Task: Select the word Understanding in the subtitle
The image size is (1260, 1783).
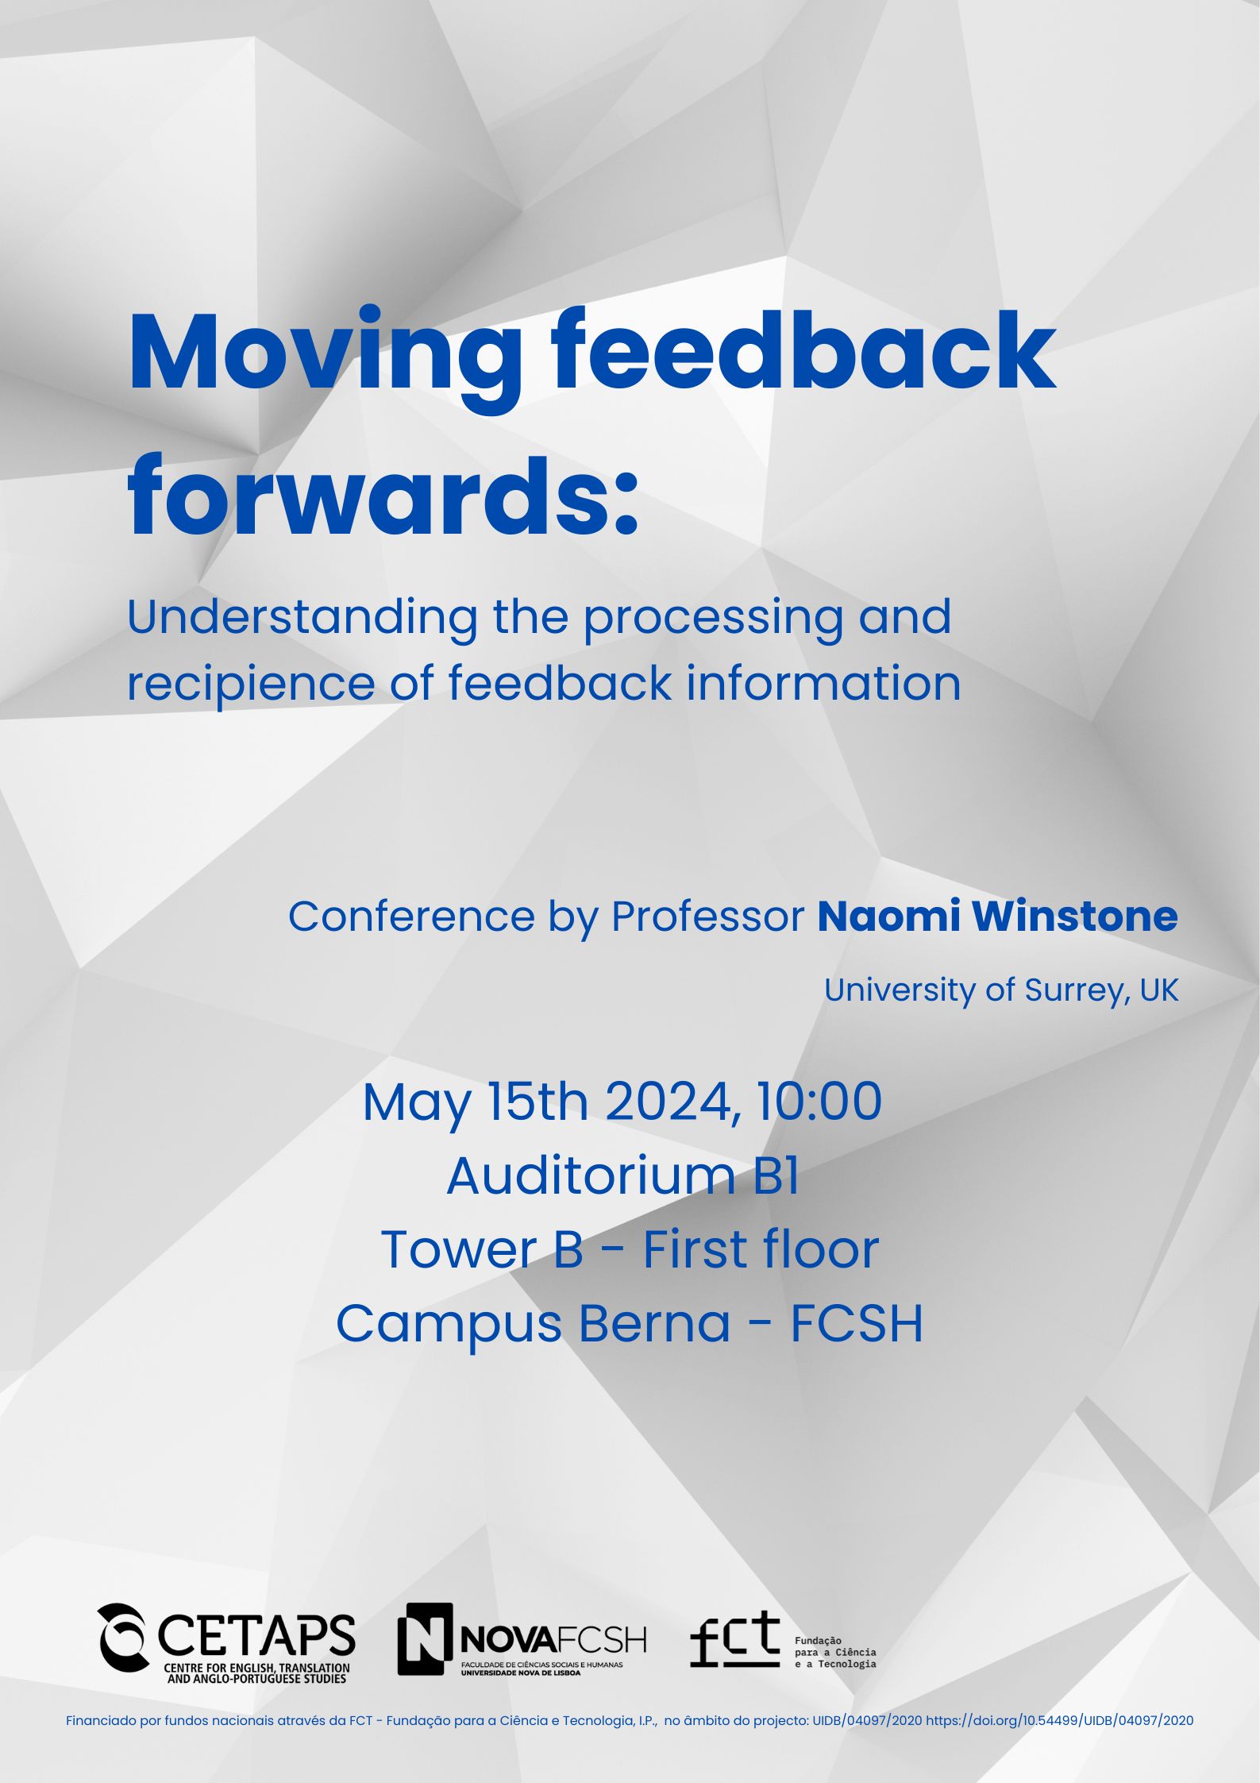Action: coord(302,618)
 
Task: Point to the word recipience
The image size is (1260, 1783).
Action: coord(251,684)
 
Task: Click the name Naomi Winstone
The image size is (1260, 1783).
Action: coord(997,916)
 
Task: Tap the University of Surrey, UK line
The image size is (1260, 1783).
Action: coord(1001,990)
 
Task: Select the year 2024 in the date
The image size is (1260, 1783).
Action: coord(669,1102)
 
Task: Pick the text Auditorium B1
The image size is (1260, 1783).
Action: coord(622,1175)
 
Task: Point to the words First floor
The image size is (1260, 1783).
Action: coord(761,1249)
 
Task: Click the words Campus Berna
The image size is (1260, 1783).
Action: coord(533,1324)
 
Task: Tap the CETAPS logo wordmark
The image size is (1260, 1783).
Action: coord(256,1635)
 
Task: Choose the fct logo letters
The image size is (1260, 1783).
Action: coord(735,1638)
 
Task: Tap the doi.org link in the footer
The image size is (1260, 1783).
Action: coord(1059,1720)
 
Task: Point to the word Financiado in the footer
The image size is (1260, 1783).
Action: coord(94,1720)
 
